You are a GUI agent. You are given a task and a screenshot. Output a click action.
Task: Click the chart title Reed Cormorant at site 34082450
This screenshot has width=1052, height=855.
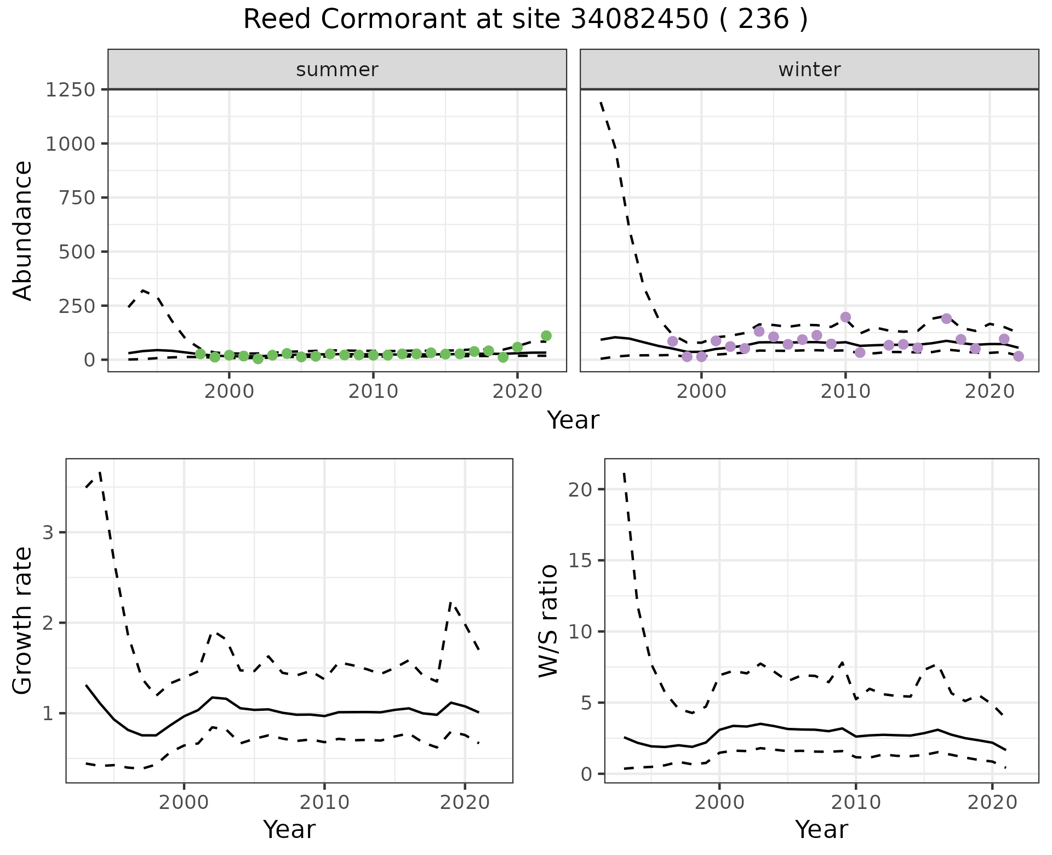[x=525, y=20]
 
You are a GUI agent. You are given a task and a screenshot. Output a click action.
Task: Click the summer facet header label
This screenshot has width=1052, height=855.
[x=337, y=70]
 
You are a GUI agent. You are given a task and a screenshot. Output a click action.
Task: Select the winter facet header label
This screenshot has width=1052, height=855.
[x=809, y=70]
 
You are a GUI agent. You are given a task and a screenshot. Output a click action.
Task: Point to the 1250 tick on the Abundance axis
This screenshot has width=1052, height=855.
[x=70, y=89]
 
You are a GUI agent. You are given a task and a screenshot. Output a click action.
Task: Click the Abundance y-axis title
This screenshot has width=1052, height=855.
[x=23, y=230]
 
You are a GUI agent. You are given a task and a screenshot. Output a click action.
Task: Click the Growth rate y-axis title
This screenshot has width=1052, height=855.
[x=23, y=620]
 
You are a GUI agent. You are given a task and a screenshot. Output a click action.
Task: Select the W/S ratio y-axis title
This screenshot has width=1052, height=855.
[x=548, y=620]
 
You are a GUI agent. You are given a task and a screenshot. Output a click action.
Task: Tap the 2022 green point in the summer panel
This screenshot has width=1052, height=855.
[x=546, y=336]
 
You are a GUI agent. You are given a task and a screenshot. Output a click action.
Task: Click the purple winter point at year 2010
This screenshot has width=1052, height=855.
[x=845, y=317]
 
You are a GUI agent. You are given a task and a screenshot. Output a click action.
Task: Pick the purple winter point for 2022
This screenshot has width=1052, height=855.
[x=1019, y=356]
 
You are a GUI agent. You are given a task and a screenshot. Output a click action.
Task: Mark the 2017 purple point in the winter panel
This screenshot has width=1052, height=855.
[x=946, y=318]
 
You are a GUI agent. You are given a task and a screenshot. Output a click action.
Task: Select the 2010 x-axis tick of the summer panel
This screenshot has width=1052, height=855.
[x=373, y=391]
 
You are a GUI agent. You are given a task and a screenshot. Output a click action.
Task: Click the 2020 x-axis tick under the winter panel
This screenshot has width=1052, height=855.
[x=990, y=391]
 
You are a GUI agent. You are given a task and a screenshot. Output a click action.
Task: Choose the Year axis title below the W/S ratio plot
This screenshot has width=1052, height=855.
[x=821, y=830]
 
